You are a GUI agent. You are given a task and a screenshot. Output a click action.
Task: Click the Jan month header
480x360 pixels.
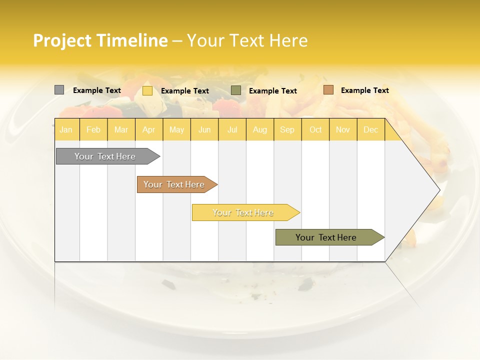[66, 130]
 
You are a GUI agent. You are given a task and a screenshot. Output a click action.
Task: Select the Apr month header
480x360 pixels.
[149, 130]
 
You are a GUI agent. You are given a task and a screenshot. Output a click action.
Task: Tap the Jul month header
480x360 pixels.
[232, 130]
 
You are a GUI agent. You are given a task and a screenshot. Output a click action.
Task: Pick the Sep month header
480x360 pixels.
[287, 130]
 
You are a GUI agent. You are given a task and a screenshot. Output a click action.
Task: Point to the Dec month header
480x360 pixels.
[371, 130]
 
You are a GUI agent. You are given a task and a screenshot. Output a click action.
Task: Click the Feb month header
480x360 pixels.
[93, 130]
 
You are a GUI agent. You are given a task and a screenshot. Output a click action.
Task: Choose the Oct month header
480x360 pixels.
[315, 130]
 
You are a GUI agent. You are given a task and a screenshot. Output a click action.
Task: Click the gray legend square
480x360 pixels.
[59, 90]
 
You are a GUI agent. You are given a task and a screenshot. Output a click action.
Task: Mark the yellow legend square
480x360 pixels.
[147, 90]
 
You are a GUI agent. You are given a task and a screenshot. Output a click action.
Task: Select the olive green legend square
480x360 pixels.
[236, 90]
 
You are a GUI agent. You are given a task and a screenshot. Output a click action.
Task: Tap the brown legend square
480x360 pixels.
[328, 90]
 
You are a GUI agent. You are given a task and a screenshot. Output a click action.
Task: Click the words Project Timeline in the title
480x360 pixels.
[100, 40]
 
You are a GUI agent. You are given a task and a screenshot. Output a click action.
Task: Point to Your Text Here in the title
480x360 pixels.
[247, 40]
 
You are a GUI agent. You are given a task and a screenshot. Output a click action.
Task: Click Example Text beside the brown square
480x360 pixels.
[364, 90]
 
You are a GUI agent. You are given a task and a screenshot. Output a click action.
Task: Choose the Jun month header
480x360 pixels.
[204, 130]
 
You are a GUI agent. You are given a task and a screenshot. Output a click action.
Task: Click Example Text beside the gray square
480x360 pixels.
[97, 90]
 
